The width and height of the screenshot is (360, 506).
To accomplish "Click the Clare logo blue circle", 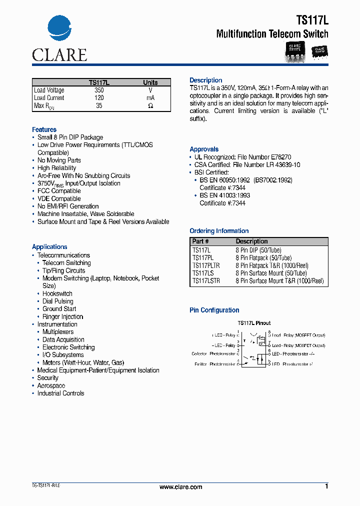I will pyautogui.click(x=59, y=30).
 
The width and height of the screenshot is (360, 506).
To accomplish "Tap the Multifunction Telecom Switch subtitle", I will pyautogui.click(x=272, y=34).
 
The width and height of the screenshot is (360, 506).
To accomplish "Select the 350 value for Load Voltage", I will pyautogui.click(x=99, y=90).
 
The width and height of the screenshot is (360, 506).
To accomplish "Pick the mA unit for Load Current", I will pyautogui.click(x=150, y=98).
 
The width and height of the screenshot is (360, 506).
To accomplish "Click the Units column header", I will pyautogui.click(x=150, y=82).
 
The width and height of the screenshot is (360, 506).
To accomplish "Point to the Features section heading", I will pyautogui.click(x=44, y=129).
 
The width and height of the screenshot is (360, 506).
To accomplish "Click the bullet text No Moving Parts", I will pyautogui.click(x=59, y=160).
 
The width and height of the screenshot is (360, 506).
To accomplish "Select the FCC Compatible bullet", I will pyautogui.click(x=59, y=191).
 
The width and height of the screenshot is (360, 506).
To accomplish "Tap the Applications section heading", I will pyautogui.click(x=49, y=247).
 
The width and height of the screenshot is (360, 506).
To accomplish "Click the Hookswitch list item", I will pyautogui.click(x=57, y=293).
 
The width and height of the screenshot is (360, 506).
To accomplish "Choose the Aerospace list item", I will pyautogui.click(x=51, y=385).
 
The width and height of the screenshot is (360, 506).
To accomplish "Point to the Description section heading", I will pyautogui.click(x=205, y=80).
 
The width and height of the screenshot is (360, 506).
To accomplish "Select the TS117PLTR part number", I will pyautogui.click(x=206, y=265).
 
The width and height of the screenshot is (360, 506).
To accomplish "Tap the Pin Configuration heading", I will pyautogui.click(x=214, y=310).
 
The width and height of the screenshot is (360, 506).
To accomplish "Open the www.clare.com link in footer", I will pyautogui.click(x=180, y=487).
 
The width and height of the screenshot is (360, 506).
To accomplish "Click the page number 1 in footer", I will pyautogui.click(x=326, y=486).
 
